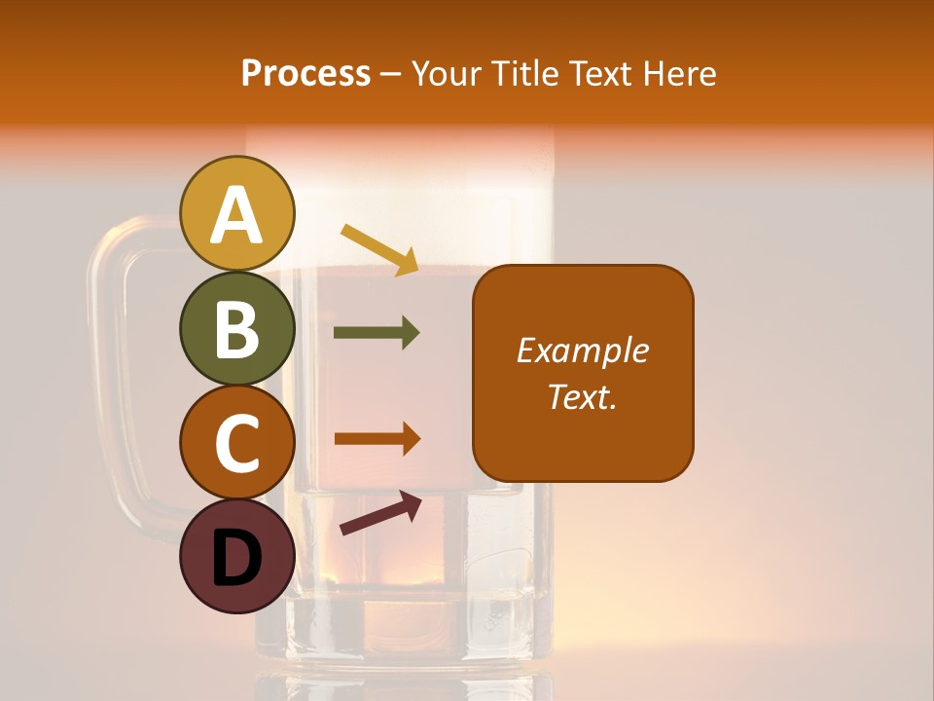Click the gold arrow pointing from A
(x=379, y=248)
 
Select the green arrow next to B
(x=377, y=333)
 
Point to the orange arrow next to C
(x=377, y=438)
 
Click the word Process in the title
(x=305, y=73)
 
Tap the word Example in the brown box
(x=583, y=350)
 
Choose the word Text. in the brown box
(x=583, y=396)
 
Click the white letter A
(x=236, y=216)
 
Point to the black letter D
(x=236, y=558)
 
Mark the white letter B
(x=236, y=329)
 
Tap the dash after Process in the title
(x=391, y=75)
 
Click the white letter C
(x=236, y=443)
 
